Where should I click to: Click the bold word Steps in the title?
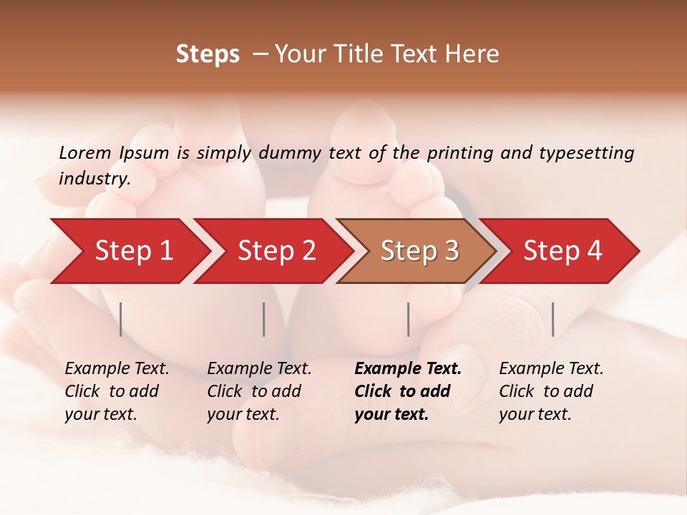click(x=208, y=54)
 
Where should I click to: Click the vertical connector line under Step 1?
click(x=121, y=319)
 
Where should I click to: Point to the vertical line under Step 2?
click(x=264, y=319)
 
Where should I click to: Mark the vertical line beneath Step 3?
click(x=408, y=319)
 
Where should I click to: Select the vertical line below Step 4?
click(x=552, y=319)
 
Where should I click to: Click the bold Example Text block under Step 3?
click(x=408, y=391)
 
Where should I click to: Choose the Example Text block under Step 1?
click(x=117, y=391)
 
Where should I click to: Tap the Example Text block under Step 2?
click(x=259, y=391)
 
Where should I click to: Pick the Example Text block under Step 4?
click(x=551, y=391)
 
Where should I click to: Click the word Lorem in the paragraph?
click(x=85, y=152)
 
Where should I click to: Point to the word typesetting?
click(x=586, y=153)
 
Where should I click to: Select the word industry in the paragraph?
click(x=94, y=179)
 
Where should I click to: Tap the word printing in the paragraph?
click(x=456, y=153)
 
